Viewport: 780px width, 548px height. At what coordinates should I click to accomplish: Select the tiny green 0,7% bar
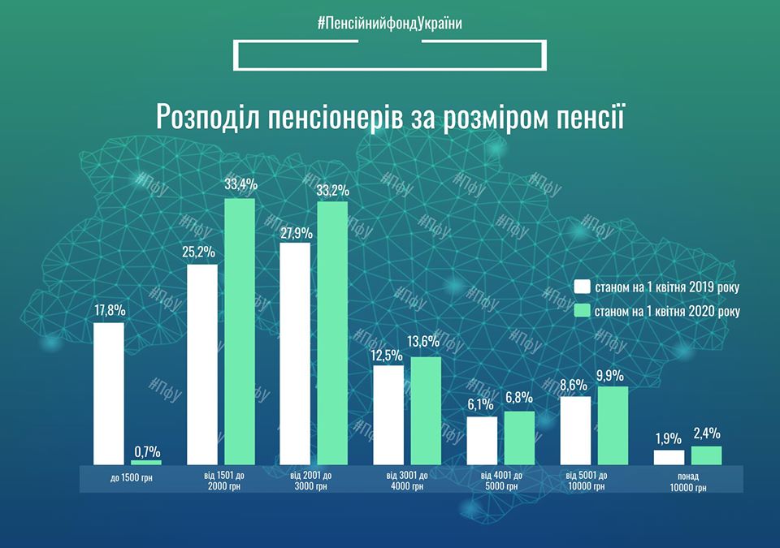click(146, 462)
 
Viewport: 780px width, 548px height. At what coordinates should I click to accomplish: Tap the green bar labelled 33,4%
click(240, 331)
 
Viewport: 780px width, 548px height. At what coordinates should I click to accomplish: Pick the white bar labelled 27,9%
click(295, 353)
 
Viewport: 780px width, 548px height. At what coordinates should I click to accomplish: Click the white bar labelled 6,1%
click(482, 440)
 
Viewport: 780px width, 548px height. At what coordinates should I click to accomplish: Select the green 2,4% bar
click(706, 455)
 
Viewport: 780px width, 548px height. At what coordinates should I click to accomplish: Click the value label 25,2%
click(200, 252)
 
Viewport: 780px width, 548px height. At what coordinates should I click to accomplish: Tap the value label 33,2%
click(332, 191)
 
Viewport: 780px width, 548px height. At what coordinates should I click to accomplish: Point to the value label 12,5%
click(387, 354)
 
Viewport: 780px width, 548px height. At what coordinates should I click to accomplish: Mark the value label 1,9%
click(669, 438)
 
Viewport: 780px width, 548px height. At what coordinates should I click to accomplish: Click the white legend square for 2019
click(581, 287)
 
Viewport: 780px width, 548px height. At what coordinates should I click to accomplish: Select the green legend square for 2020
click(581, 310)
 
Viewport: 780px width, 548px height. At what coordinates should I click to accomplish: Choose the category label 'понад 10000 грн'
click(688, 481)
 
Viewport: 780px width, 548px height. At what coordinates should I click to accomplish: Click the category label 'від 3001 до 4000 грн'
click(407, 481)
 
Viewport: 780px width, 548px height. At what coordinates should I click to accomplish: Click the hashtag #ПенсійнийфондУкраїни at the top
click(390, 24)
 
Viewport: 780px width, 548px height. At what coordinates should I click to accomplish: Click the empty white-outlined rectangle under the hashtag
click(390, 54)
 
